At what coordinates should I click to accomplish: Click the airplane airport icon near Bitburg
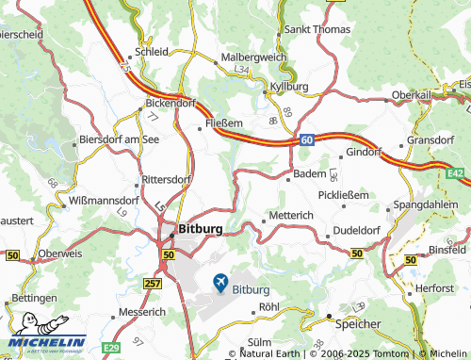pos(220,281)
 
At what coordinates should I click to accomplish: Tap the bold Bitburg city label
pos(201,229)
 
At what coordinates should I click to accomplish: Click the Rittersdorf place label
pos(166,179)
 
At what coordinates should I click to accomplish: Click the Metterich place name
pos(291,216)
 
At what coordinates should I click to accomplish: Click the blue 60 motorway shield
pos(307,139)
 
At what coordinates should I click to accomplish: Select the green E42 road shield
pos(457,172)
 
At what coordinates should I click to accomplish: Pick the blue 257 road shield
pos(154,283)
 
